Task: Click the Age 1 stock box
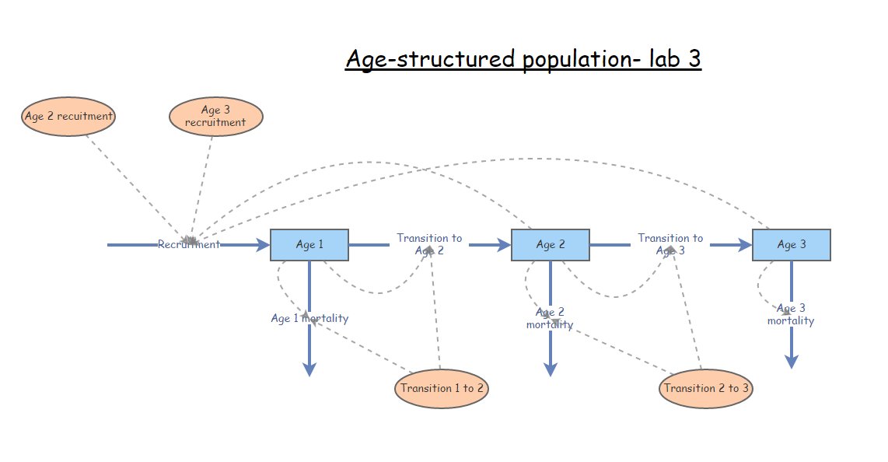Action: (x=309, y=245)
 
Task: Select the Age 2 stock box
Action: (x=551, y=245)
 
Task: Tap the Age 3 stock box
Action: (x=792, y=245)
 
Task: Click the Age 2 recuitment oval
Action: (x=68, y=117)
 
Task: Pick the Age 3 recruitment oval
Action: (x=215, y=117)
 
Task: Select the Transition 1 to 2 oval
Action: (x=442, y=388)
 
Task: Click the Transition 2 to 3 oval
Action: (x=706, y=388)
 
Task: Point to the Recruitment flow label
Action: (x=189, y=244)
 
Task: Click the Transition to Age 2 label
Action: (x=429, y=244)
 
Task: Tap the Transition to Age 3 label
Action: (x=670, y=244)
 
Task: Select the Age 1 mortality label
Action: (x=309, y=318)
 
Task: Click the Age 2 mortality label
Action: (x=550, y=318)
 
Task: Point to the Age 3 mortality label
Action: (x=791, y=314)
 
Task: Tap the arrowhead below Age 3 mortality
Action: (x=792, y=361)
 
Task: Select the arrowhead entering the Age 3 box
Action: (x=744, y=245)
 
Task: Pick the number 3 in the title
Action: (x=694, y=59)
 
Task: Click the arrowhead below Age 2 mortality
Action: (x=551, y=369)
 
